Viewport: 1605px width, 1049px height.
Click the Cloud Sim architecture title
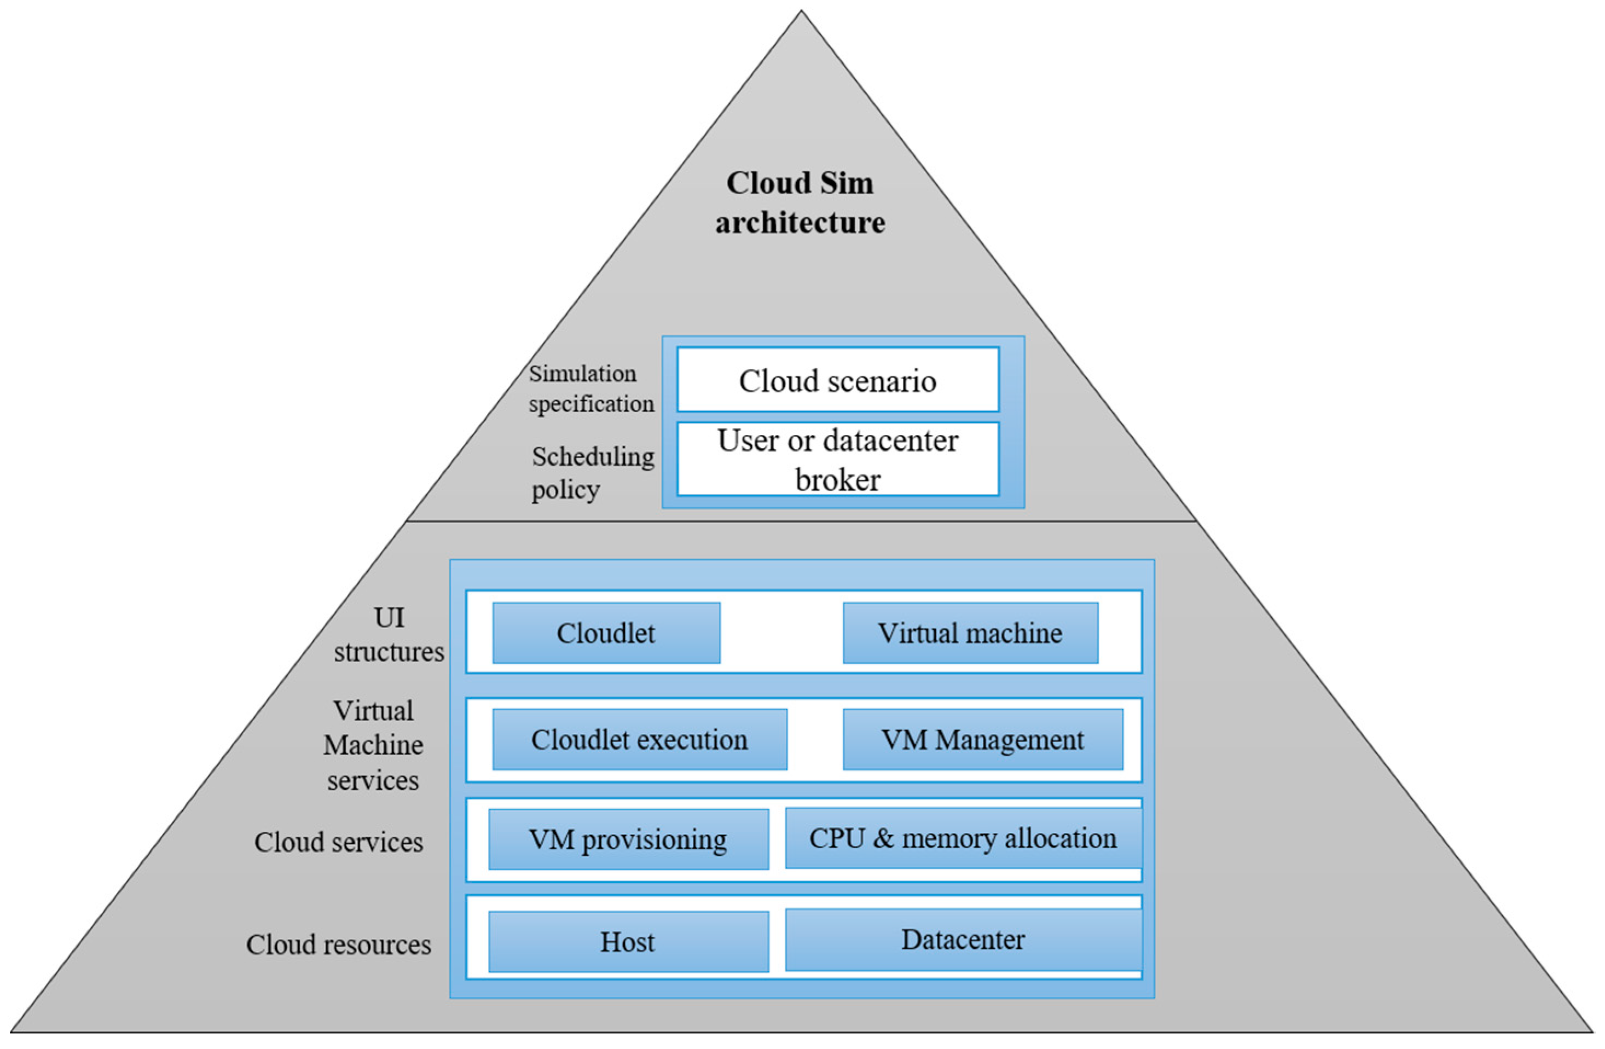click(x=800, y=202)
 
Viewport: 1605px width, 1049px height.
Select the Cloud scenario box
click(x=838, y=380)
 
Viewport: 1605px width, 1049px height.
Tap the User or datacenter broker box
click(x=838, y=460)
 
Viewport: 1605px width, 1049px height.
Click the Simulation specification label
click(x=591, y=389)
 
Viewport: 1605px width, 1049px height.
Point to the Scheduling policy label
click(x=592, y=473)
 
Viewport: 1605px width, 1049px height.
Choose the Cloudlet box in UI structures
click(x=606, y=633)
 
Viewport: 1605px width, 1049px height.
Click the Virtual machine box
click(x=970, y=633)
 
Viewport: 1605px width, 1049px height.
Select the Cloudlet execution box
click(x=639, y=740)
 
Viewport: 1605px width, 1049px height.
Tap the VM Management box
click(x=983, y=740)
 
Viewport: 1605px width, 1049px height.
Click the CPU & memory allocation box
click(x=963, y=838)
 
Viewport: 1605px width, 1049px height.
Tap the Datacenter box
click(x=963, y=940)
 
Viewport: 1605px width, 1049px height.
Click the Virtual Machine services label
click(x=373, y=746)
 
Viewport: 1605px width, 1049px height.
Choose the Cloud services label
click(x=339, y=842)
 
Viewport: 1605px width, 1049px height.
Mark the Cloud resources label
click(x=339, y=944)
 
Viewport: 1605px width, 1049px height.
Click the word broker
click(x=838, y=480)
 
